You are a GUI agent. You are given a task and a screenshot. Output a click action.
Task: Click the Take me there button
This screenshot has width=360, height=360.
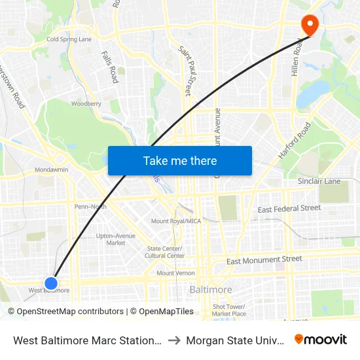coord(180,160)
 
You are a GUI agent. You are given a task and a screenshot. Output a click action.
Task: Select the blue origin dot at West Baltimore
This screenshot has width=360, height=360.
coord(51,283)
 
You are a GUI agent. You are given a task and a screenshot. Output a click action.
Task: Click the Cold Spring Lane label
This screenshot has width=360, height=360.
coord(69,39)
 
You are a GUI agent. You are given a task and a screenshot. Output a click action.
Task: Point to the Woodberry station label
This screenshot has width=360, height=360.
coord(86,103)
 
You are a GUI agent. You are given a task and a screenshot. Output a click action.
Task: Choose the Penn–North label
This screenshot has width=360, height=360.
coord(90,206)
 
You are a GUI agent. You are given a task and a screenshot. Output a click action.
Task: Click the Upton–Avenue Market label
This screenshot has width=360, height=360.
coord(116,239)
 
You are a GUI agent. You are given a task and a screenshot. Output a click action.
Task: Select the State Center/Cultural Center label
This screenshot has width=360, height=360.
coord(165,252)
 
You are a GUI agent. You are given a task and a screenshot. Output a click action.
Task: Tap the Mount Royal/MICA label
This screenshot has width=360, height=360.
coord(176,221)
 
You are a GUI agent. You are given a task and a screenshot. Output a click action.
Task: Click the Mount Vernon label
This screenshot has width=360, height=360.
coord(175,273)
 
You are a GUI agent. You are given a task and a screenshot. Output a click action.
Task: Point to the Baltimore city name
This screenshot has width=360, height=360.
coord(210,289)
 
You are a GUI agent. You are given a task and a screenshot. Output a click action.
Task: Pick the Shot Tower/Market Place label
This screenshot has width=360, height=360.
coord(228,310)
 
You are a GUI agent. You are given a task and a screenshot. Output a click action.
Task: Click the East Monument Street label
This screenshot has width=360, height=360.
coord(264,260)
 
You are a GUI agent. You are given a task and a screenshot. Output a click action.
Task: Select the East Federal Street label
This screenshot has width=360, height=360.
coord(289,209)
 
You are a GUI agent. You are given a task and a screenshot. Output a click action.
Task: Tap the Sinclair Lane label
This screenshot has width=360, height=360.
coord(319,181)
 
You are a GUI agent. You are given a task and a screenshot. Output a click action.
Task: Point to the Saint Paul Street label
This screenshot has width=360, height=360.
coord(188,71)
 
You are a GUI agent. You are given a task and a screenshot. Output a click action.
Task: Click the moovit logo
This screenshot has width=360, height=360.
coord(321,339)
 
